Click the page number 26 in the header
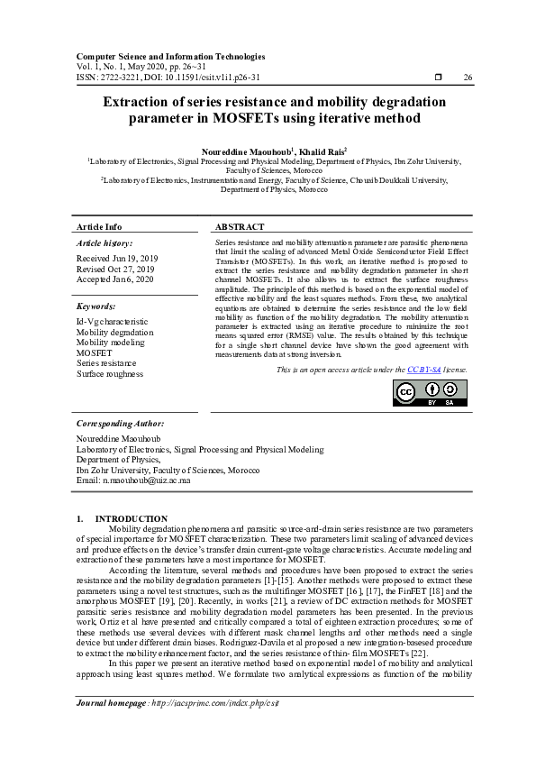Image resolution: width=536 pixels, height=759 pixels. click(x=467, y=78)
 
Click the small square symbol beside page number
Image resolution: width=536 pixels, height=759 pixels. click(x=438, y=78)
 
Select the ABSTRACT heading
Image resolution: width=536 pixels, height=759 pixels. click(x=240, y=227)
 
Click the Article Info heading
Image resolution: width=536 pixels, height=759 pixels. click(x=99, y=227)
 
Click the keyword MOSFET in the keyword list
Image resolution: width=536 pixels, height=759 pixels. click(x=94, y=352)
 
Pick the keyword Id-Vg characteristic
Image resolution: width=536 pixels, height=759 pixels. click(x=112, y=321)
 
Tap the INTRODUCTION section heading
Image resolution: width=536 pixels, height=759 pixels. click(x=132, y=518)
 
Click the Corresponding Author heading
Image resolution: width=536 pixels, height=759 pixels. click(x=120, y=422)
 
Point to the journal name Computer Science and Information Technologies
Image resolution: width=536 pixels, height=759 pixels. click(x=170, y=57)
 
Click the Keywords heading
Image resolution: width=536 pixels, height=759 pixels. click(x=98, y=306)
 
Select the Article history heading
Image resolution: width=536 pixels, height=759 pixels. click(x=104, y=243)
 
